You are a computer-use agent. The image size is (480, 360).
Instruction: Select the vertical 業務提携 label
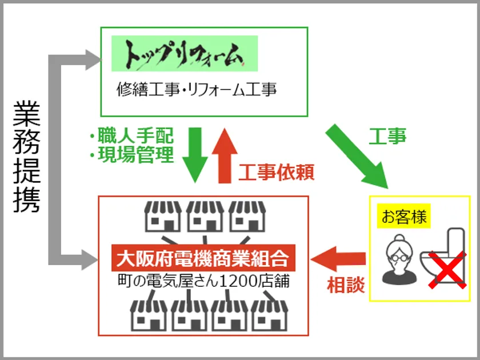click(x=27, y=156)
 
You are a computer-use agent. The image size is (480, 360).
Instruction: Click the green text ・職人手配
click(x=131, y=137)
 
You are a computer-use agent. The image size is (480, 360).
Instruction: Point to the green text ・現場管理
click(x=131, y=155)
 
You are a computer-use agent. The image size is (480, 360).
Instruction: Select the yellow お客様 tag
click(x=405, y=218)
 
